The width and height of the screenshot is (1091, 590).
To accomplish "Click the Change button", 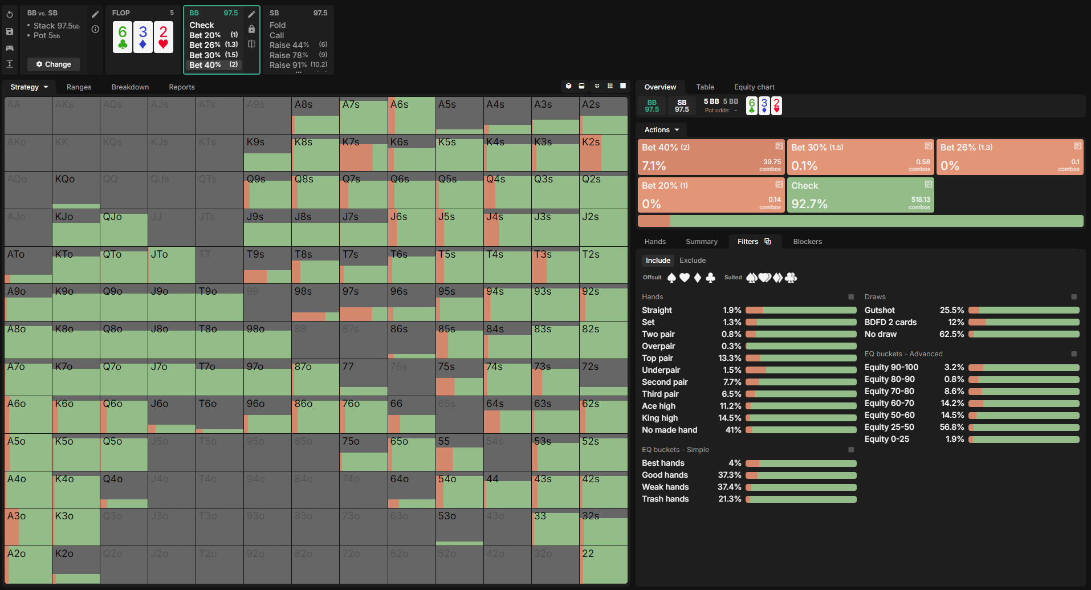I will click(54, 64).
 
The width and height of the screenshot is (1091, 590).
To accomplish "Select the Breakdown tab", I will click(130, 87).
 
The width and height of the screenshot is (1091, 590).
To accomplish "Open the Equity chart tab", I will click(754, 87).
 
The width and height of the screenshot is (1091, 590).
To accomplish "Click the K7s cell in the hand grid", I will click(363, 153).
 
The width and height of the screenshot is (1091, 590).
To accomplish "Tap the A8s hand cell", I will click(315, 116).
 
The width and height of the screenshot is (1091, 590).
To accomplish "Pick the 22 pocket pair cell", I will click(603, 564).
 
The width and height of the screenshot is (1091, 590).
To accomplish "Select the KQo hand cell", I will click(76, 190).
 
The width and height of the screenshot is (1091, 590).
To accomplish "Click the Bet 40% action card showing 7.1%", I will click(711, 157).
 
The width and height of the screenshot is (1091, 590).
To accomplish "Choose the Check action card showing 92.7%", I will click(860, 195).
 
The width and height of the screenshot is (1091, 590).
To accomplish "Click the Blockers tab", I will click(807, 242).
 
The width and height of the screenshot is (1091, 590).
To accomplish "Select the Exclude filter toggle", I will click(692, 261).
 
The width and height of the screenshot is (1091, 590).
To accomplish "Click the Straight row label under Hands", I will click(657, 310).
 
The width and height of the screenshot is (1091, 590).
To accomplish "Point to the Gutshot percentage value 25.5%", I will click(951, 310).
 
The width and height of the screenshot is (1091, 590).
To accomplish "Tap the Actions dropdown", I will click(661, 130).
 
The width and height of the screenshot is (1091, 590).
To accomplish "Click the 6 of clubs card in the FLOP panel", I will click(123, 38).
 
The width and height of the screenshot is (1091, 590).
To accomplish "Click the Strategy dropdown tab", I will click(29, 87).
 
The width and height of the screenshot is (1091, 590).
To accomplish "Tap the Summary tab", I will click(701, 242).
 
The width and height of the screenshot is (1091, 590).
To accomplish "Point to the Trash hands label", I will click(665, 499).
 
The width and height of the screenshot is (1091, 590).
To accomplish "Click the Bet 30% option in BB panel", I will click(205, 55).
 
